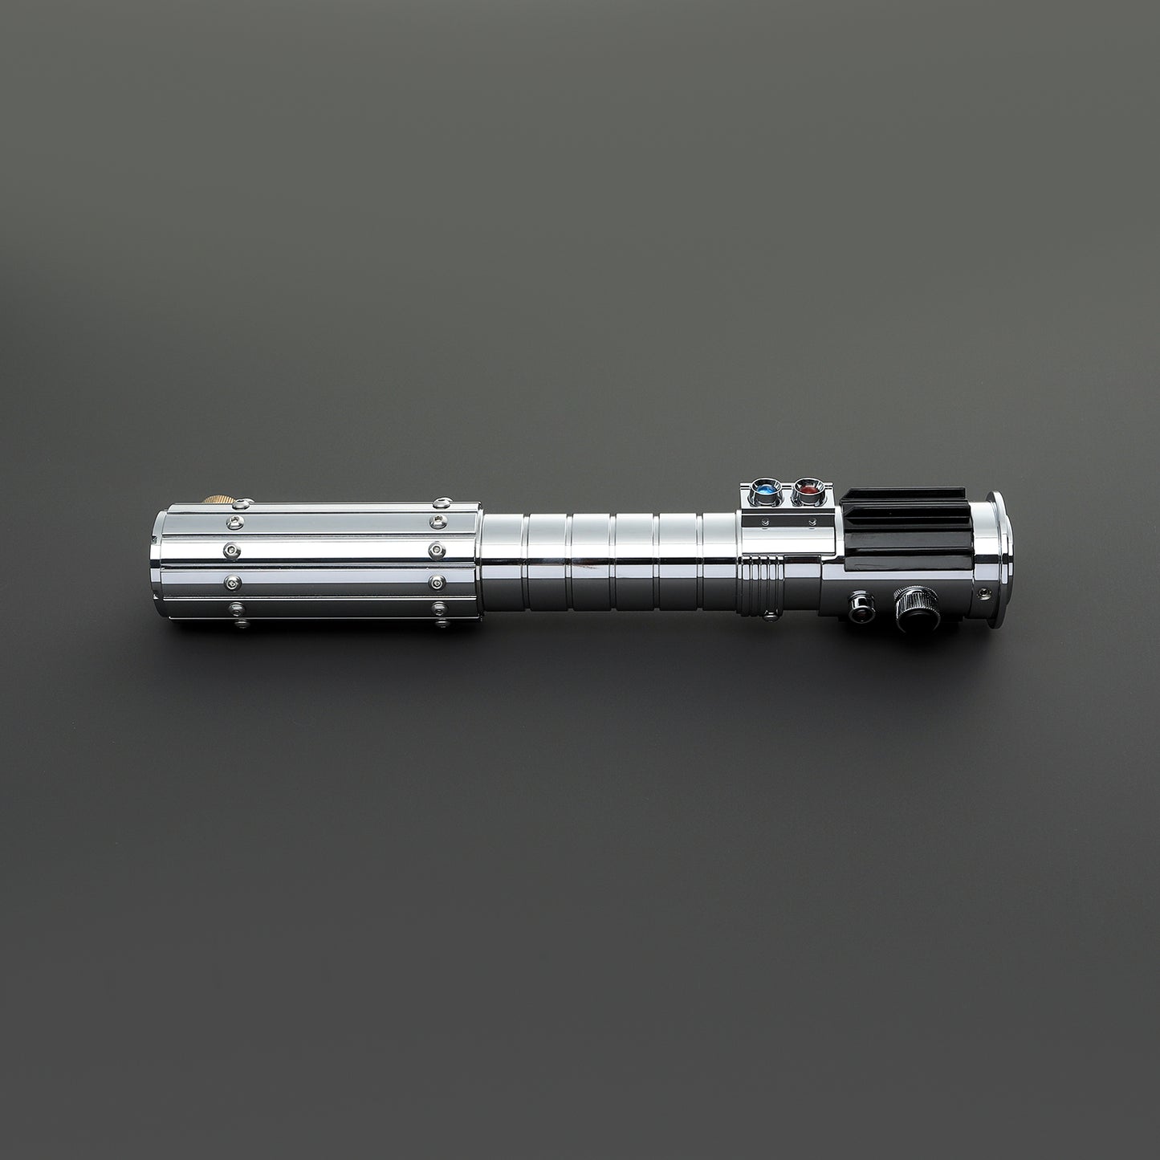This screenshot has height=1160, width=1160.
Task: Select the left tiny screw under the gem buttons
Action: coord(764,524)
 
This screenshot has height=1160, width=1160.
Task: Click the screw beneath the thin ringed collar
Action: coord(771,616)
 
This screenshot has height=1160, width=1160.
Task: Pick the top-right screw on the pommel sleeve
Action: coord(439,504)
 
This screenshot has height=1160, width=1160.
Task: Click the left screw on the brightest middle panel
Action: coord(230,552)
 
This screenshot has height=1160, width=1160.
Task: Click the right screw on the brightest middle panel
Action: coord(438,552)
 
